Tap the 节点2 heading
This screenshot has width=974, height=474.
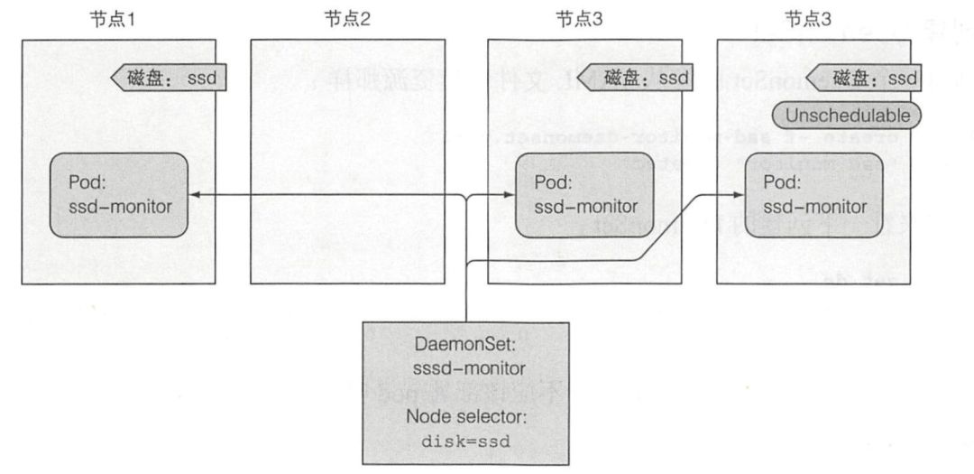pos(346,20)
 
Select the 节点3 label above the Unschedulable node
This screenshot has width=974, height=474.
pos(806,20)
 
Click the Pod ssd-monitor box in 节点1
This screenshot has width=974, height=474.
pos(119,195)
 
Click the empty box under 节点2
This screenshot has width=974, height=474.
pos(346,163)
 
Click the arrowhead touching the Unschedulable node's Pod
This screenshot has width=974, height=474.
pos(740,195)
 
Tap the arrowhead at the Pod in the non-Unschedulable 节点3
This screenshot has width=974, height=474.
pos(510,195)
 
